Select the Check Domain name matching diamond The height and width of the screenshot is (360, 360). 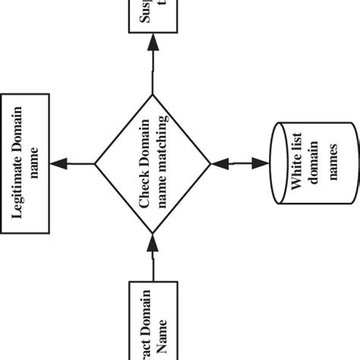point(153,163)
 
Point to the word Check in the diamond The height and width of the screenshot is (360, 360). point(144,190)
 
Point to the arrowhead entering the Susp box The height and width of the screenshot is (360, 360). point(153,43)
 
